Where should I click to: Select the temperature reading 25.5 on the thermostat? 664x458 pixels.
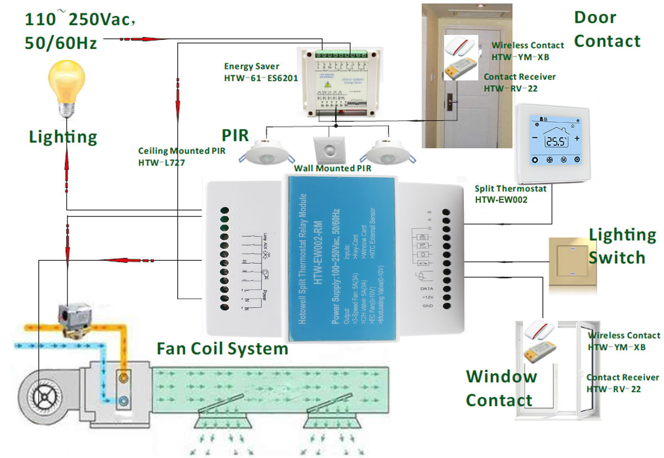click(x=555, y=141)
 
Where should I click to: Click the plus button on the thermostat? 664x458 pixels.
click(x=577, y=138)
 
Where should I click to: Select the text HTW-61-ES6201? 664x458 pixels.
click(x=261, y=78)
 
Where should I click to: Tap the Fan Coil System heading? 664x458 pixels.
click(x=222, y=349)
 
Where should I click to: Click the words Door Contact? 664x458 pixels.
click(x=608, y=29)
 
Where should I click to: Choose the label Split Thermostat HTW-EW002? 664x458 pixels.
click(x=511, y=194)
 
